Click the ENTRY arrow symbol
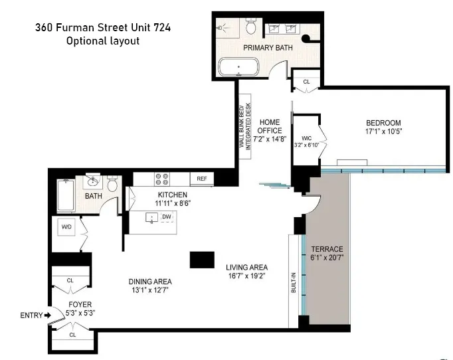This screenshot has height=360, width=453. click(x=46, y=315)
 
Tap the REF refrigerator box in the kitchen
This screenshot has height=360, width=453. click(x=201, y=179)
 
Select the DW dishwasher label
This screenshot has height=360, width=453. click(x=167, y=217)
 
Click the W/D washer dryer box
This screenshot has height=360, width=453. click(x=66, y=227)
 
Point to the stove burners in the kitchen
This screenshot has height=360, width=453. click(x=161, y=179)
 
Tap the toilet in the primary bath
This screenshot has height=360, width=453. click(x=251, y=27)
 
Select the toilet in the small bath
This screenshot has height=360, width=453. click(x=112, y=183)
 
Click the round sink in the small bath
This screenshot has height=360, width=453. click(x=92, y=179)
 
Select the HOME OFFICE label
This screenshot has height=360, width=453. click(x=270, y=126)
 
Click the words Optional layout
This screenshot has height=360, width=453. click(x=103, y=41)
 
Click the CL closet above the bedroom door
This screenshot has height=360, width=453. click(x=306, y=82)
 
